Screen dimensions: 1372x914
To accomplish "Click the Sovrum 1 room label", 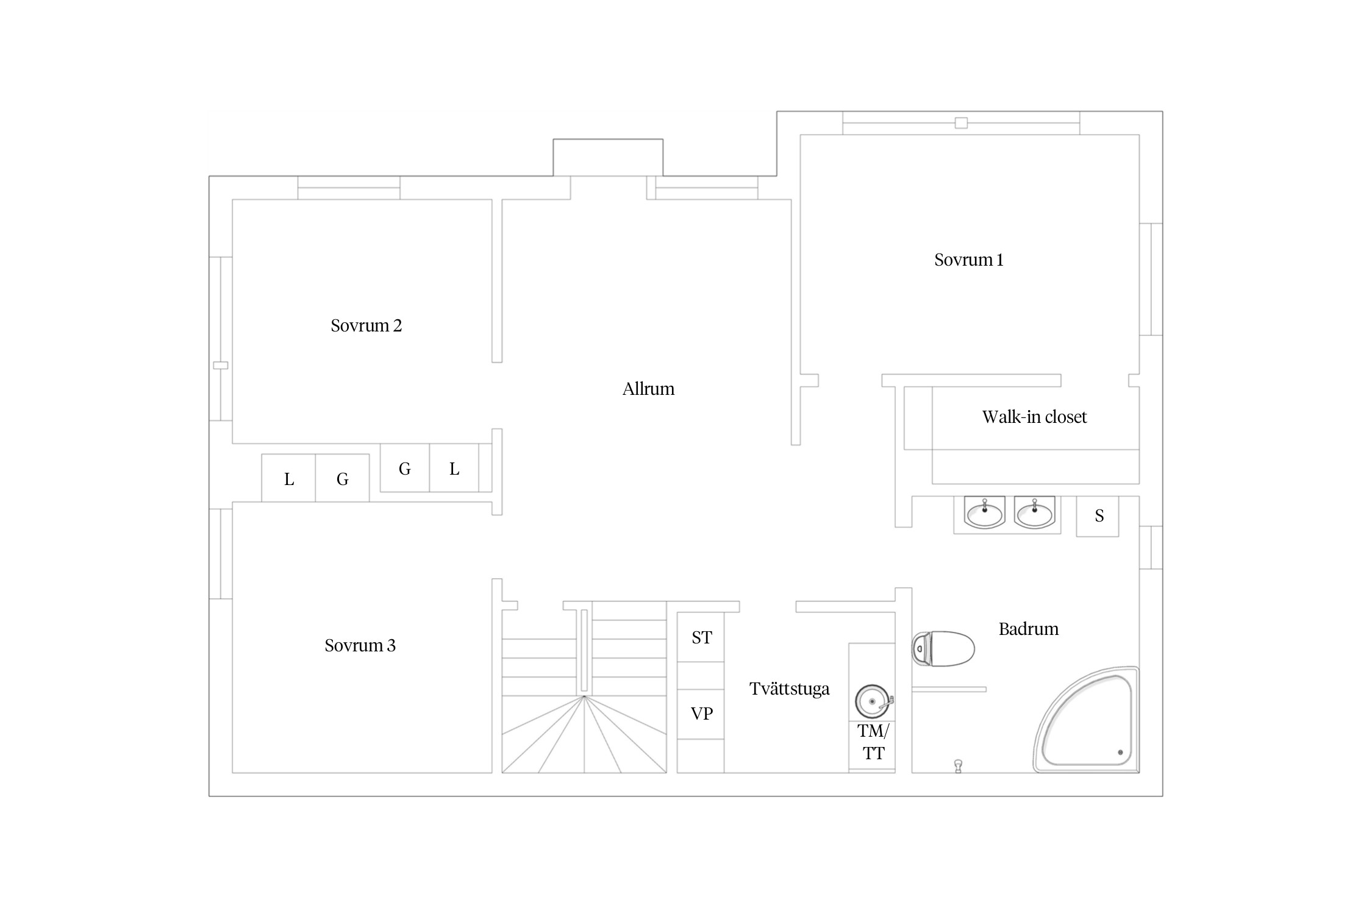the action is [968, 260].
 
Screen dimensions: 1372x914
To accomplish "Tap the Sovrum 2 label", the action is [366, 326].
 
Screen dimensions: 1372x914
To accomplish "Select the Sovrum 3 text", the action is [360, 646].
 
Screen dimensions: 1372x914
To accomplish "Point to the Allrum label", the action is [648, 389].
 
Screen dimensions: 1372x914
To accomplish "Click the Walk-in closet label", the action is [1034, 417].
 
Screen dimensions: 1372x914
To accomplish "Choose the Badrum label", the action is [1029, 629].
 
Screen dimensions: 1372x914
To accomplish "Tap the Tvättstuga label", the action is [789, 689].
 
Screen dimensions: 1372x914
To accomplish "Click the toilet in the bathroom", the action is [943, 648].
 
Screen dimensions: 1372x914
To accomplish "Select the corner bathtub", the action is [1086, 720].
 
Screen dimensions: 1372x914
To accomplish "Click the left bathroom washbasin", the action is [984, 512].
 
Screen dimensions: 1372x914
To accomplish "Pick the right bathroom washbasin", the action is [1034, 512].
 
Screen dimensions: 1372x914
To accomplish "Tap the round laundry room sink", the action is [873, 702].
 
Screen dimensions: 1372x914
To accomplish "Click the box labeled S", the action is [1098, 517].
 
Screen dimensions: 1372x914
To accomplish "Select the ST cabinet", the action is [701, 637].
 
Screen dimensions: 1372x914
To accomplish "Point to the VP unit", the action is [701, 714].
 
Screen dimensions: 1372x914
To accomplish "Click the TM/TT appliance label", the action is [873, 742].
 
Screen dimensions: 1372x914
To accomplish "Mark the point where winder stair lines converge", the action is [584, 696].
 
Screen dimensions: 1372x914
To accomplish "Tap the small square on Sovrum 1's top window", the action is [961, 123].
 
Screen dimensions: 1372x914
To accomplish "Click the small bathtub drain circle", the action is [1120, 753].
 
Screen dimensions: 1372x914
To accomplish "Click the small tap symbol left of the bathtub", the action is [958, 766].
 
